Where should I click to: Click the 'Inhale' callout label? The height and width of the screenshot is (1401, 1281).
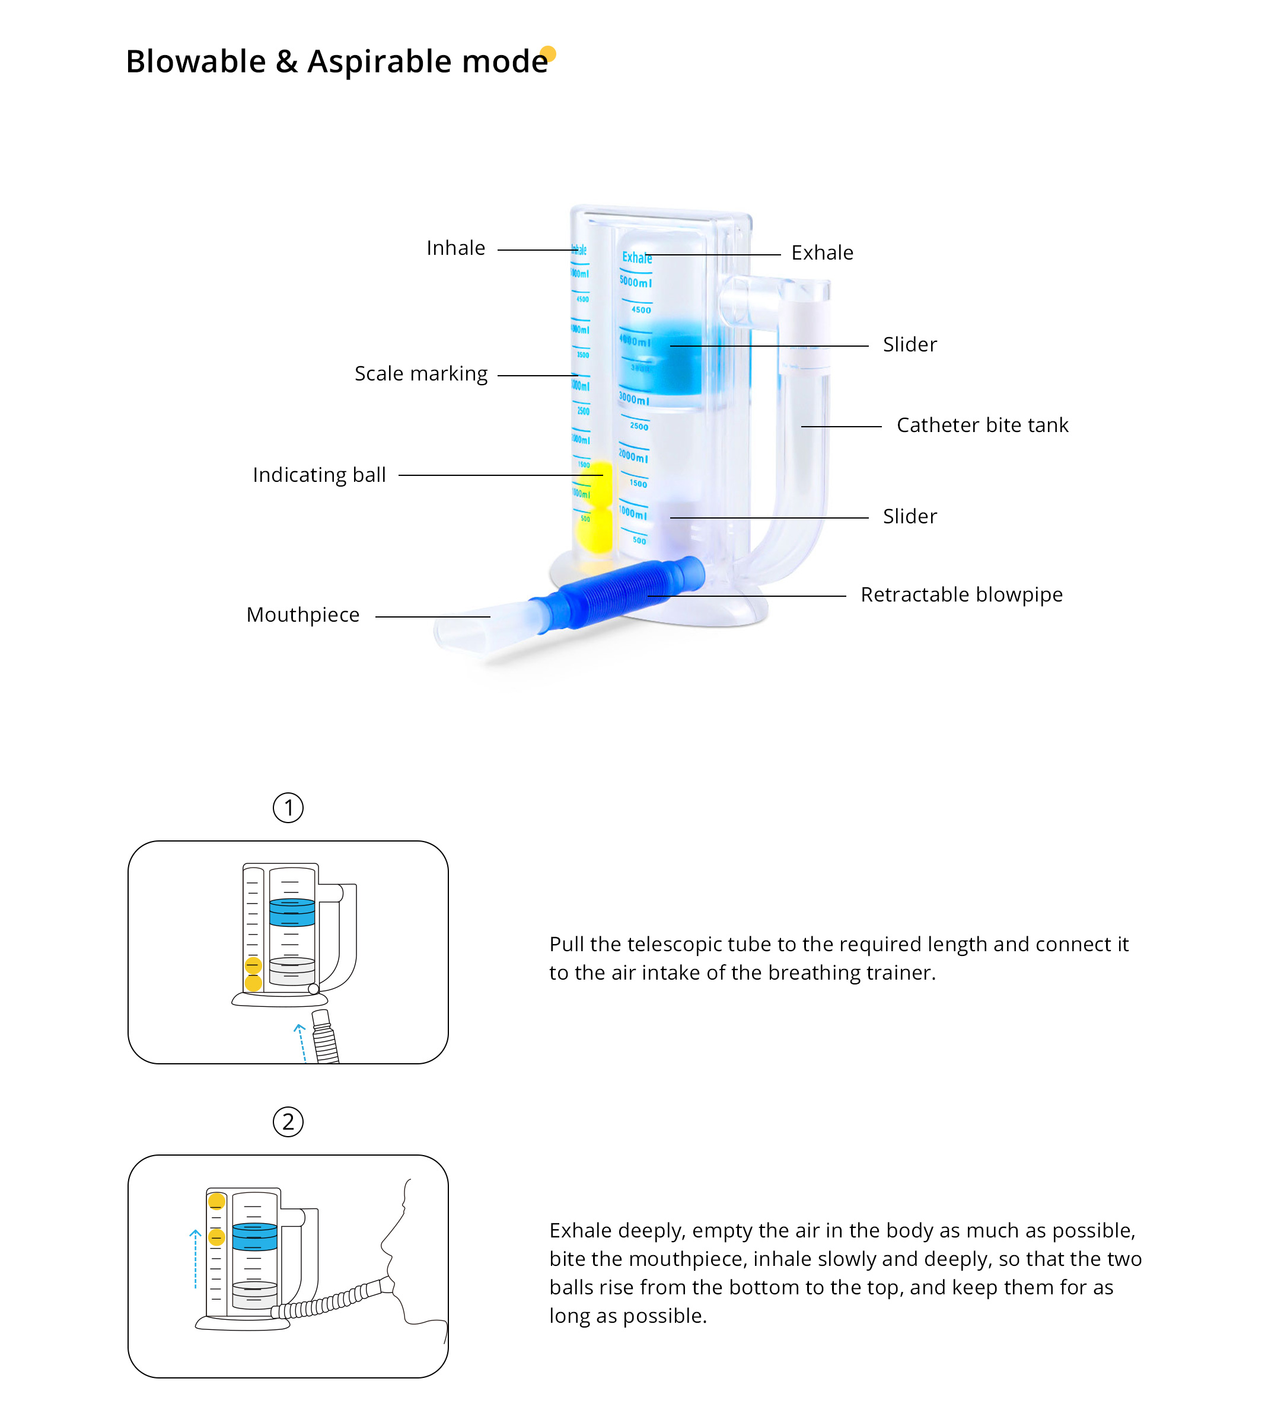(x=455, y=248)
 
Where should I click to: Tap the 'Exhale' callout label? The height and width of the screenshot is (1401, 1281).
(x=822, y=253)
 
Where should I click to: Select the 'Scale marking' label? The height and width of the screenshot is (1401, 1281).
(x=420, y=374)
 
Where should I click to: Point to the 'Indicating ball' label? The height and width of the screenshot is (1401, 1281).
(x=319, y=475)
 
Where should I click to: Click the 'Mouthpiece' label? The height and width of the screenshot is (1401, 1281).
(x=302, y=615)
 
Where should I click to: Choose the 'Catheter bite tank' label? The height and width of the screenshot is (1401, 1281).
(x=982, y=426)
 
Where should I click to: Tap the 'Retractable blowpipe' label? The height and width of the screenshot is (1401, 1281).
(x=961, y=595)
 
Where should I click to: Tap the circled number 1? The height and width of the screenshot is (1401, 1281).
(x=288, y=808)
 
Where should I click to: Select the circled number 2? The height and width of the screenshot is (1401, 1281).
(x=288, y=1122)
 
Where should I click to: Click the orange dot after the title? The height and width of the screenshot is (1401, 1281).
(x=548, y=53)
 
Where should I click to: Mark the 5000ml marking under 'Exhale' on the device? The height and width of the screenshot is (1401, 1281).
(x=636, y=282)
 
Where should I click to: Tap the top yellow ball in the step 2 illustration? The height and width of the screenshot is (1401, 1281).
(x=217, y=1201)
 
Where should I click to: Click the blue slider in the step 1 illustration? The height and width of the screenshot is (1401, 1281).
(x=292, y=911)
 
